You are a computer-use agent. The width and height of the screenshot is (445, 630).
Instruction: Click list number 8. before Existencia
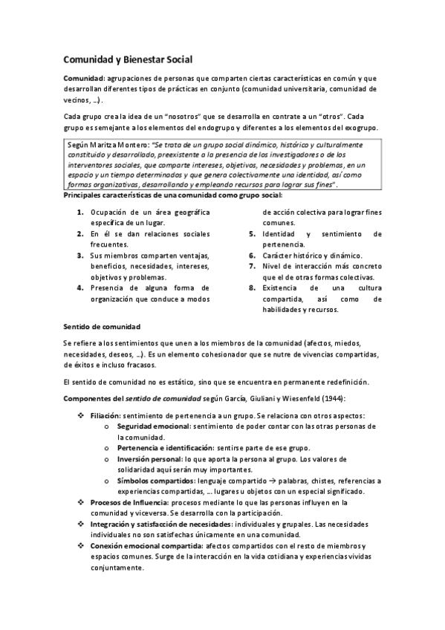point(253,288)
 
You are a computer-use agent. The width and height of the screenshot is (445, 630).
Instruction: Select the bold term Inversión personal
point(149,460)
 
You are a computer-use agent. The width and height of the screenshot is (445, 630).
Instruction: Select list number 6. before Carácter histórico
point(253,255)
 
